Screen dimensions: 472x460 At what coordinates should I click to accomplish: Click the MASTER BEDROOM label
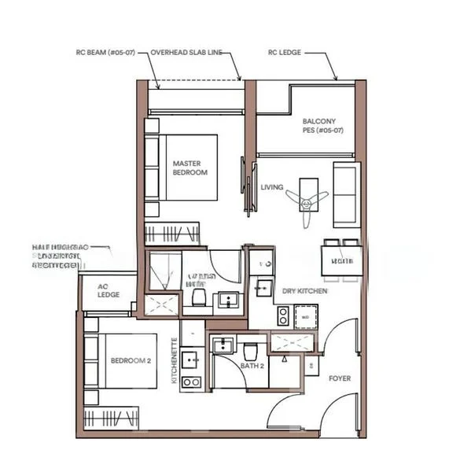pyautogui.click(x=190, y=168)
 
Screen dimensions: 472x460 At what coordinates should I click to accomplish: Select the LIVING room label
pyautogui.click(x=272, y=187)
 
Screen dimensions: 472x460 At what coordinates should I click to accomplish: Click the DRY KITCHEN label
pyautogui.click(x=305, y=291)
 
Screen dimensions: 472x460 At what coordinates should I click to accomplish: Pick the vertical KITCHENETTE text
pyautogui.click(x=175, y=361)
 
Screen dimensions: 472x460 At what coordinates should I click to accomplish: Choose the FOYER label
pyautogui.click(x=340, y=378)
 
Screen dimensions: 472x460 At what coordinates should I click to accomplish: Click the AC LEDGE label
pyautogui.click(x=108, y=290)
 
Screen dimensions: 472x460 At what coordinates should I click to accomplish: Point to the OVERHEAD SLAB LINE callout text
pyautogui.click(x=186, y=53)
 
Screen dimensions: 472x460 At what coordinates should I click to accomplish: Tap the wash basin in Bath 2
pyautogui.click(x=224, y=345)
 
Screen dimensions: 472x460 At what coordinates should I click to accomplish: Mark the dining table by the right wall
pyautogui.click(x=340, y=260)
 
